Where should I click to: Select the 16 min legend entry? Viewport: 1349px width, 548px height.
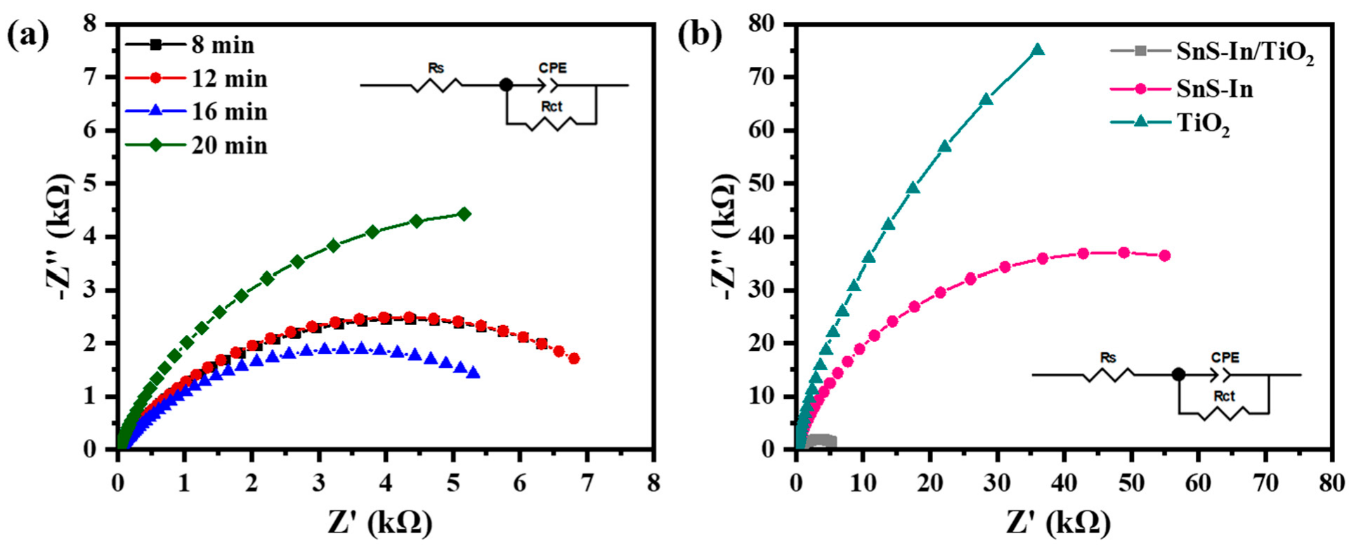(x=229, y=111)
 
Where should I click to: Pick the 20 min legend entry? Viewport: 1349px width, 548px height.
(x=229, y=145)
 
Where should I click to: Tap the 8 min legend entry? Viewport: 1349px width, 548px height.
(x=223, y=45)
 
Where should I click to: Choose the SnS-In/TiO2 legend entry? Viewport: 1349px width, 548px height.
(x=1244, y=53)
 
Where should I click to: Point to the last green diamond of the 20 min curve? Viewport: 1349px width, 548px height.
(x=464, y=214)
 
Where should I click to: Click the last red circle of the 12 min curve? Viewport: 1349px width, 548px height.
(x=574, y=358)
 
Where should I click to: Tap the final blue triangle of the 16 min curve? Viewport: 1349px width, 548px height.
(x=474, y=373)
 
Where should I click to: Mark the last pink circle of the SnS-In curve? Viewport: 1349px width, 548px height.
(x=1164, y=255)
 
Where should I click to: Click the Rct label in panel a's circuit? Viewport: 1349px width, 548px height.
(x=552, y=106)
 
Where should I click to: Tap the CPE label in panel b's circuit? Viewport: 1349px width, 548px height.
(x=1225, y=357)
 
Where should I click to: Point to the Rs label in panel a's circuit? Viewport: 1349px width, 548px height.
(x=436, y=68)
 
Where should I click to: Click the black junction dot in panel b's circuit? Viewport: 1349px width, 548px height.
(x=1178, y=374)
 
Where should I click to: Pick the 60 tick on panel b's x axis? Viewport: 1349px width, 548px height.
(x=1198, y=483)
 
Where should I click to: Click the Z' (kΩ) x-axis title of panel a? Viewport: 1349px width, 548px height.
(x=380, y=522)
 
